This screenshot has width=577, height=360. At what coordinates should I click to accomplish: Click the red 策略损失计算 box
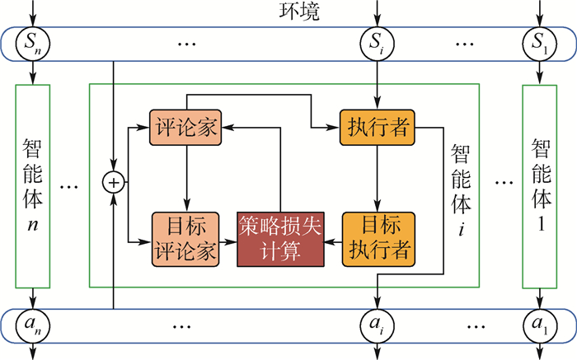click(x=280, y=238)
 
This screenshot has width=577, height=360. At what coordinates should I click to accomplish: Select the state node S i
click(x=377, y=43)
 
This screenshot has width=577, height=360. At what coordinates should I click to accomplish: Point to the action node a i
click(x=377, y=324)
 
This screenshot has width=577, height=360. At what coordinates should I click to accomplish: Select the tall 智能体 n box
click(x=33, y=185)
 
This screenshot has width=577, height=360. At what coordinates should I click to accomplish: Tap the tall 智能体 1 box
click(x=541, y=185)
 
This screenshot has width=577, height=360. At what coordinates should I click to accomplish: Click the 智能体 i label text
click(x=461, y=185)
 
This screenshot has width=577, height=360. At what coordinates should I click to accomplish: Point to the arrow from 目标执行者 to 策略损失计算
click(x=333, y=240)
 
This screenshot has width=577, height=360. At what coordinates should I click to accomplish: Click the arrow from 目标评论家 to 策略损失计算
click(x=230, y=240)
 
